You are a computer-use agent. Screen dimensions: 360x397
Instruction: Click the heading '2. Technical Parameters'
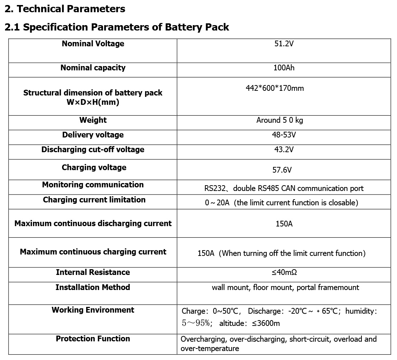click(x=65, y=9)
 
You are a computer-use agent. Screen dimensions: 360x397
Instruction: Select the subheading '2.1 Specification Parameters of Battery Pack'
click(x=117, y=27)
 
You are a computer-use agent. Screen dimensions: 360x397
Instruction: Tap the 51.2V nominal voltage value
click(x=284, y=44)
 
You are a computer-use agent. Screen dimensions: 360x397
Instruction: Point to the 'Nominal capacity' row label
click(x=93, y=68)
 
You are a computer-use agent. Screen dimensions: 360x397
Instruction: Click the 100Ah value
click(x=284, y=68)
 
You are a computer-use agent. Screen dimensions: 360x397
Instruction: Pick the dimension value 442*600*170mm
click(x=275, y=88)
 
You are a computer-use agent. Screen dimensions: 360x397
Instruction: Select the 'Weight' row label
click(x=93, y=120)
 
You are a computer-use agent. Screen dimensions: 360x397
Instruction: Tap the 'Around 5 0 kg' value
click(x=280, y=120)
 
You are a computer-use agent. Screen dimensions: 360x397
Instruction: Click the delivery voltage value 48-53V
click(x=284, y=135)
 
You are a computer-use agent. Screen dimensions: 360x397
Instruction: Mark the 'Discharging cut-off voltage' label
click(x=93, y=150)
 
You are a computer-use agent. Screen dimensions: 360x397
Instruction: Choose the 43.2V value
click(x=284, y=150)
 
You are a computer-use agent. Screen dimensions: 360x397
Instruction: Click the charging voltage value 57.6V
click(x=282, y=170)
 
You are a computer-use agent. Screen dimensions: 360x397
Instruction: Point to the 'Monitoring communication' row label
click(x=93, y=185)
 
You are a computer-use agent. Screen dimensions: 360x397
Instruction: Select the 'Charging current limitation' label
click(x=94, y=200)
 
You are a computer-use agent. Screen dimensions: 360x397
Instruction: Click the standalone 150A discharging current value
click(x=284, y=224)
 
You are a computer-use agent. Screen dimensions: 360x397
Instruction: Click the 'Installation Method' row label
click(x=93, y=287)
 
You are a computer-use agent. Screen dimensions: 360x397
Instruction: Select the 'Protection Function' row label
click(x=93, y=339)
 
